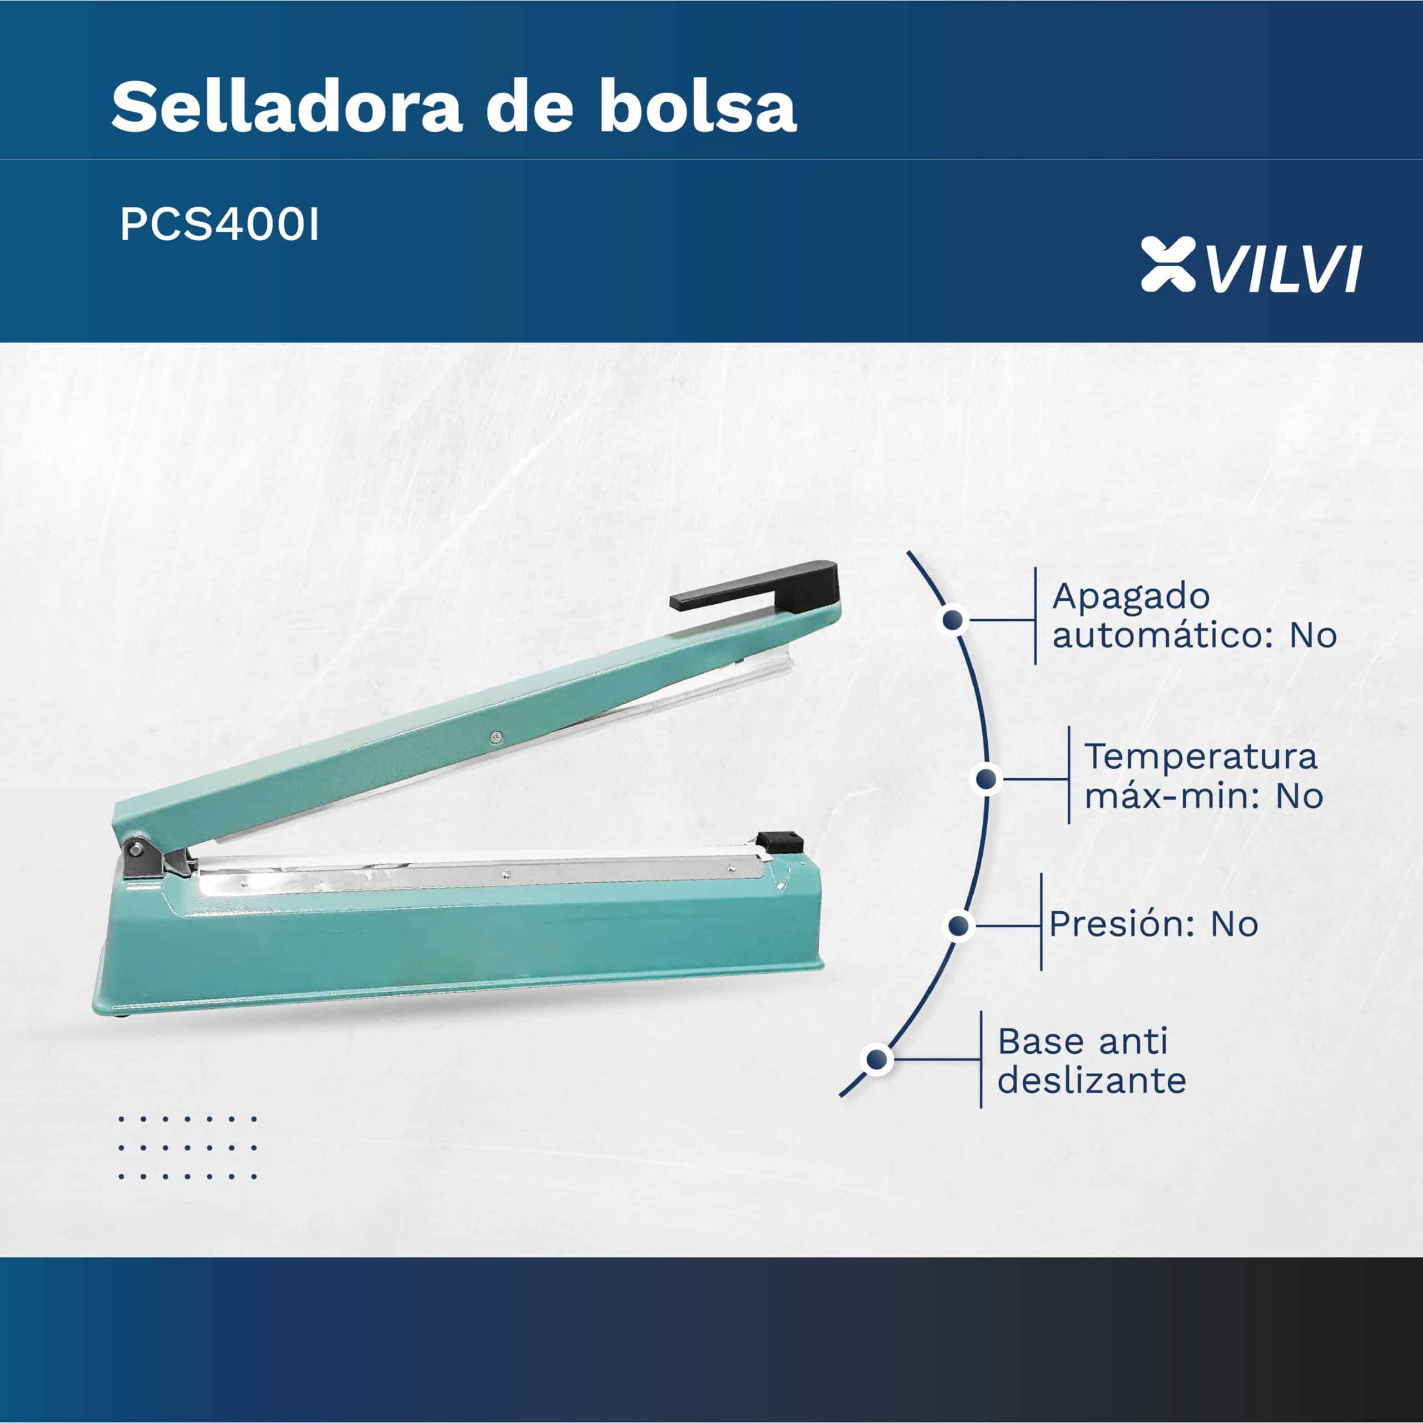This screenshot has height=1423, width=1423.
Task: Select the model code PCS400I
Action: pyautogui.click(x=220, y=226)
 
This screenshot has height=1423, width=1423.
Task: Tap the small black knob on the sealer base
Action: pyautogui.click(x=779, y=840)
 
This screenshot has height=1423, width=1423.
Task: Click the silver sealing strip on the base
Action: pyautogui.click(x=479, y=874)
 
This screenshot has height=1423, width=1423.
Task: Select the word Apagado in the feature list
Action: pyautogui.click(x=1131, y=596)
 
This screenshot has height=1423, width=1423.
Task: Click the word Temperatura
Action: pyautogui.click(x=1201, y=757)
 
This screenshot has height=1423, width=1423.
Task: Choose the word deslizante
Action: pyautogui.click(x=1092, y=1081)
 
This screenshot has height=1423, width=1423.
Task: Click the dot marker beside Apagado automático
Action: pyautogui.click(x=954, y=619)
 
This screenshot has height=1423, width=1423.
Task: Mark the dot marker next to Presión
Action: pyautogui.click(x=958, y=926)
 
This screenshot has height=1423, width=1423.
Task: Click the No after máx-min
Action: pyautogui.click(x=1299, y=796)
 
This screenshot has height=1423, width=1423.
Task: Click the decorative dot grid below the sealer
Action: pyautogui.click(x=188, y=1147)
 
